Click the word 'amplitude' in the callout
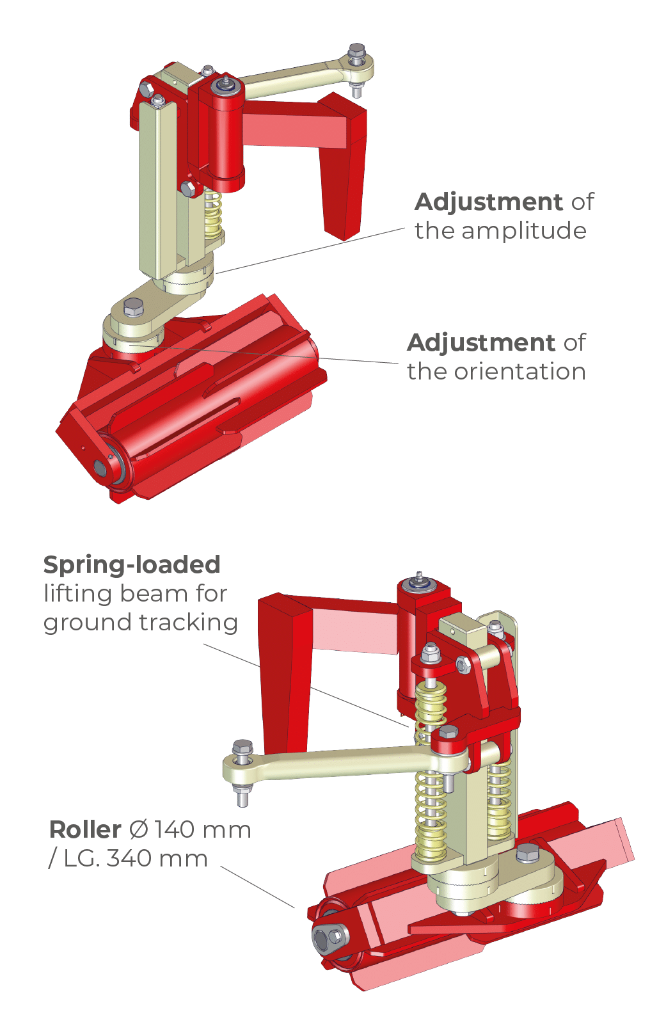(524, 231)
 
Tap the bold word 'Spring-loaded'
(132, 565)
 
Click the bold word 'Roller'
(85, 829)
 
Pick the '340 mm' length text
(157, 858)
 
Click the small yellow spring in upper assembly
(213, 214)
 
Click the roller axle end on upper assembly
(100, 468)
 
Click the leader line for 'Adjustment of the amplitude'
(310, 250)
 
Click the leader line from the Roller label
(258, 887)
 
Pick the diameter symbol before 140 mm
(138, 829)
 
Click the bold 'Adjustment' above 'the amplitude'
(489, 202)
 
